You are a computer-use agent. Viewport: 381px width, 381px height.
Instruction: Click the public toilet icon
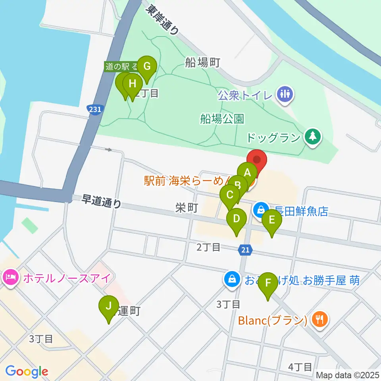pyautogui.click(x=285, y=94)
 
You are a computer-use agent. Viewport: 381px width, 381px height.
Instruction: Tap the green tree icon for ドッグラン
pyautogui.click(x=312, y=137)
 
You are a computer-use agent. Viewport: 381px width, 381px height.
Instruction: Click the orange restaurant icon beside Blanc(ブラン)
pyautogui.click(x=319, y=319)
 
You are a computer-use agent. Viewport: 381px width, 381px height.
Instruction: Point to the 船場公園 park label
pyautogui.click(x=222, y=119)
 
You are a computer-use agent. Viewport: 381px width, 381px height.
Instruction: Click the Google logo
pyautogui.click(x=27, y=371)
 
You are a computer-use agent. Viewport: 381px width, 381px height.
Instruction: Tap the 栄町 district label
pyautogui.click(x=186, y=208)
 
